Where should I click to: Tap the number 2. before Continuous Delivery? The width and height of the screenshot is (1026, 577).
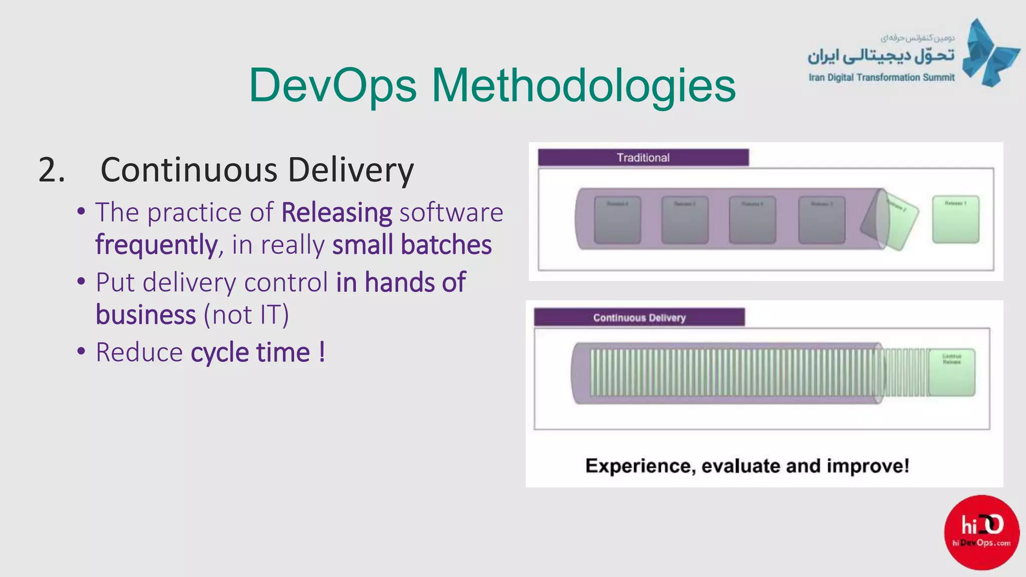[x=52, y=170]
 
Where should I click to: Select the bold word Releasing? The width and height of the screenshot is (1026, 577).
[x=337, y=212]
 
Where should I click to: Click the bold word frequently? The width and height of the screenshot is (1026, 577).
[x=156, y=245]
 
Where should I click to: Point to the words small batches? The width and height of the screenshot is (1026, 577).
[x=412, y=245]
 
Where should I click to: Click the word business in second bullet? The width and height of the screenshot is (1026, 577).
[x=146, y=315]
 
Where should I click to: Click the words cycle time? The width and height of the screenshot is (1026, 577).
[x=250, y=352]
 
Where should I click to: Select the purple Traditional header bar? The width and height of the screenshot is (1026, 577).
[x=643, y=158]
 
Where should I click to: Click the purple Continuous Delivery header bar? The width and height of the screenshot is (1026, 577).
[x=639, y=318]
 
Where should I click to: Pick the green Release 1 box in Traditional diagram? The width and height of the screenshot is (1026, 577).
[x=955, y=220]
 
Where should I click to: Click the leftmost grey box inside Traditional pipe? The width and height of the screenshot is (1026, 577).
[x=617, y=220]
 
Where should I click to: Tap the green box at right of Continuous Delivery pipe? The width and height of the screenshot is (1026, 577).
[x=951, y=372]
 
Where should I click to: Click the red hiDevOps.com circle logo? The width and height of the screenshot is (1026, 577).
[x=981, y=532]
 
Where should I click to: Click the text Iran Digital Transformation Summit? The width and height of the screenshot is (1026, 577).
[x=881, y=78]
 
